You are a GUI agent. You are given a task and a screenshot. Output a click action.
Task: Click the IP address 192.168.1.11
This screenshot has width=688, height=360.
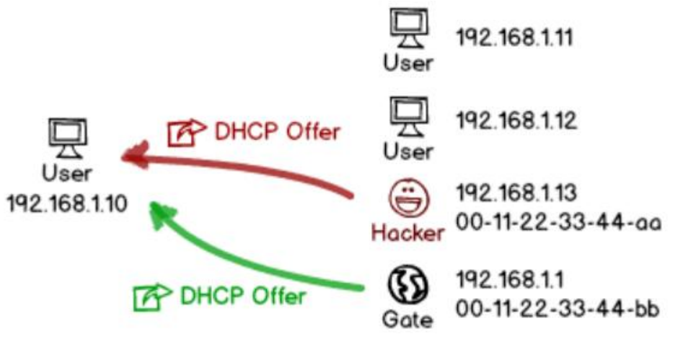pyautogui.click(x=514, y=38)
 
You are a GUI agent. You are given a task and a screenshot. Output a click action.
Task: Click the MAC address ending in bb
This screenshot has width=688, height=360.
pyautogui.click(x=557, y=309)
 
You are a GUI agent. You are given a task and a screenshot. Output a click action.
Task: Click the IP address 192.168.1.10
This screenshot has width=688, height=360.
pyautogui.click(x=67, y=203)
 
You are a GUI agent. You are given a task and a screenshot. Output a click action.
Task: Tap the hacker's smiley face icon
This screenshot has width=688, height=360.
pyautogui.click(x=407, y=197)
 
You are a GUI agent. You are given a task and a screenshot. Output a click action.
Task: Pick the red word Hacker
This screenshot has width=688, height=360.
pyautogui.click(x=407, y=232)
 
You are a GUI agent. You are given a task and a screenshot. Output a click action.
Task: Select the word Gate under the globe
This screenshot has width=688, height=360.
pyautogui.click(x=407, y=320)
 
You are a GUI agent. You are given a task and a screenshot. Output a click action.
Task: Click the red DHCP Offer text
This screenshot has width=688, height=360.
pyautogui.click(x=277, y=132)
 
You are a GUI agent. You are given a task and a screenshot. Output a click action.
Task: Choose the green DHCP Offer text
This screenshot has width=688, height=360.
pyautogui.click(x=242, y=296)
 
